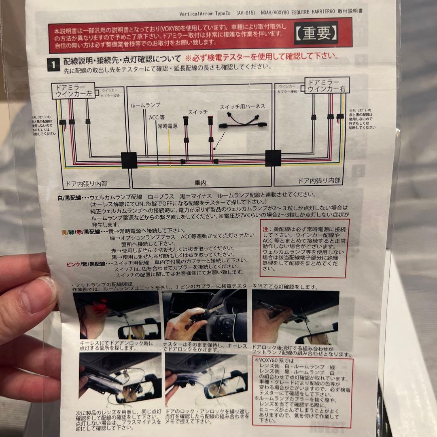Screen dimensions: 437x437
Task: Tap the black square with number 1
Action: tap(52, 64)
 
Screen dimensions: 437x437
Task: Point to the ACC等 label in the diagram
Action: tap(156, 117)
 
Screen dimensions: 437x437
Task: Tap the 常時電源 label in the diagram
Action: tap(168, 126)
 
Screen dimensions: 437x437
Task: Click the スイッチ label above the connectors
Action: tap(197, 111)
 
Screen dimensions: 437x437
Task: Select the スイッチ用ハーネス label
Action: tap(242, 106)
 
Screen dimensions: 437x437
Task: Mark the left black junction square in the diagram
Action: tap(129, 160)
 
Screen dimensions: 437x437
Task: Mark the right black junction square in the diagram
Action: tap(273, 158)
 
